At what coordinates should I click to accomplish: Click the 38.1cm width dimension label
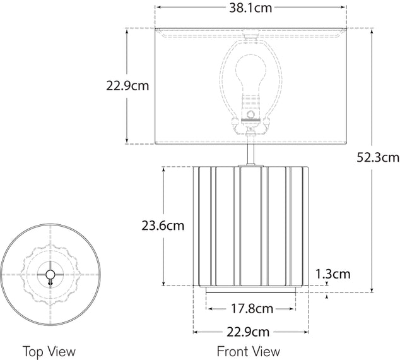[x=250, y=8]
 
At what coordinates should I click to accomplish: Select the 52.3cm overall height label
[x=378, y=158]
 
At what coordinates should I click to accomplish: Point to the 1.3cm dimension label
[x=332, y=274]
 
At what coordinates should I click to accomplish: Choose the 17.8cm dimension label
[x=251, y=309]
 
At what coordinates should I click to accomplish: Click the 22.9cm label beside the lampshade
[x=127, y=87]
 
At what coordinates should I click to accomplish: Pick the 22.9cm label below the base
[x=250, y=332]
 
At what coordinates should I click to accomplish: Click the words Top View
[x=49, y=351]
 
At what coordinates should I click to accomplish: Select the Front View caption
[x=249, y=351]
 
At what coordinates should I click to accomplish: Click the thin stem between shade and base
[x=251, y=153]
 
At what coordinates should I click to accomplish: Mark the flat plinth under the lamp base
[x=250, y=289]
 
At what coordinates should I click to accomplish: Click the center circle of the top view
[x=50, y=273]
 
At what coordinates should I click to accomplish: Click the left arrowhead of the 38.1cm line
[x=158, y=8]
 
